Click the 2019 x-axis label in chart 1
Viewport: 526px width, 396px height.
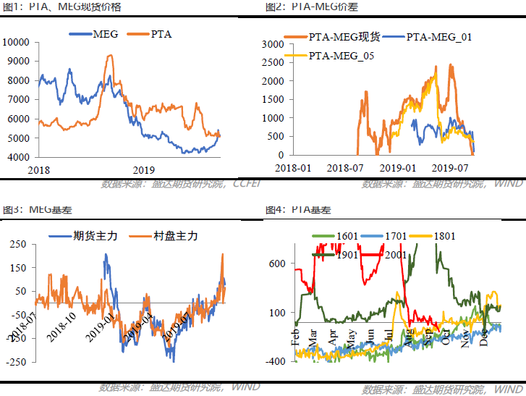tap(135, 168)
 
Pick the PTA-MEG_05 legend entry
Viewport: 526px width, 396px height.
tap(336, 56)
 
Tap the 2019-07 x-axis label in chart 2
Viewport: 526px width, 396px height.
tap(450, 167)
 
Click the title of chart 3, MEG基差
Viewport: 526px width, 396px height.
tap(35, 209)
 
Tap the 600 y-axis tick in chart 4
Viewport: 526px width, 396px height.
tap(278, 264)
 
